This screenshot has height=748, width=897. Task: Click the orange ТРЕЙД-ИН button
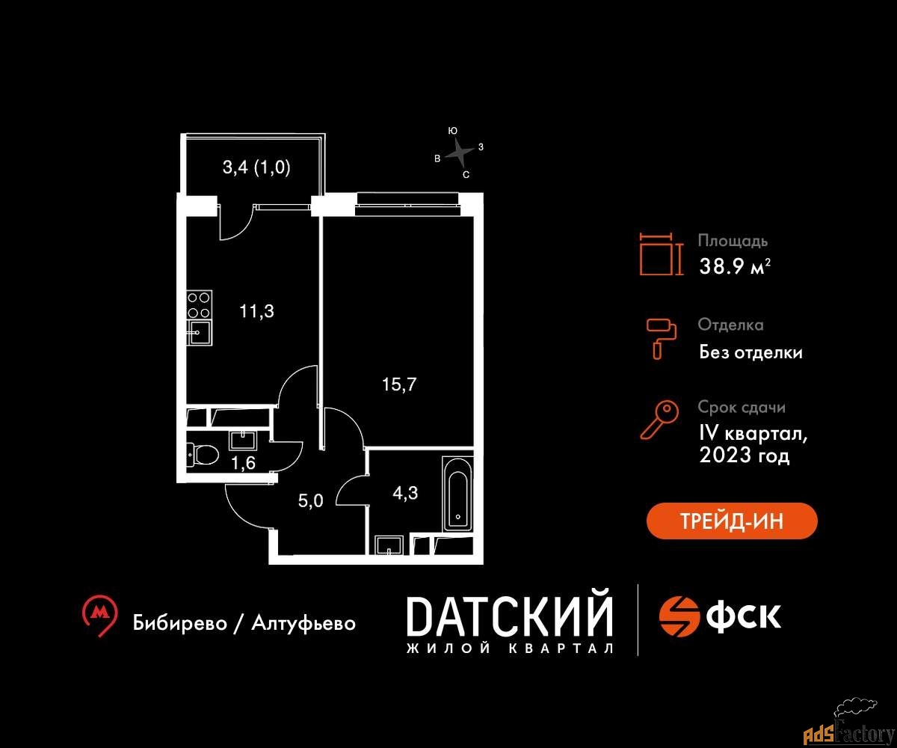[732, 521]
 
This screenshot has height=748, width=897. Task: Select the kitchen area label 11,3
[256, 311]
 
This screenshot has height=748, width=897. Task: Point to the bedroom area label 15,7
[399, 384]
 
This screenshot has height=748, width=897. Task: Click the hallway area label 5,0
[311, 501]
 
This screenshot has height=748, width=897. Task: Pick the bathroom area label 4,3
[405, 493]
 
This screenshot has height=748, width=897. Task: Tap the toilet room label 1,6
[243, 463]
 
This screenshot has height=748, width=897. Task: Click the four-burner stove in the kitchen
[200, 304]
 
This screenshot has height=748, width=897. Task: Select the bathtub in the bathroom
[458, 494]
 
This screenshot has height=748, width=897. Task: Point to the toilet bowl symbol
[203, 455]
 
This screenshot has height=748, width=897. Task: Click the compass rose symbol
[460, 152]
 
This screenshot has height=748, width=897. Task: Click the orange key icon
[659, 420]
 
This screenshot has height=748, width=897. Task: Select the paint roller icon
[662, 339]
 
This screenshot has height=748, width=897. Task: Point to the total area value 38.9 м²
[735, 266]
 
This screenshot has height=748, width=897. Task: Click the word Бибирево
[179, 622]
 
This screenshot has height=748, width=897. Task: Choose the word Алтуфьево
[303, 622]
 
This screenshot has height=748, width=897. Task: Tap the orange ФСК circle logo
[679, 616]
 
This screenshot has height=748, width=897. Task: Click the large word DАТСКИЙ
[510, 616]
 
